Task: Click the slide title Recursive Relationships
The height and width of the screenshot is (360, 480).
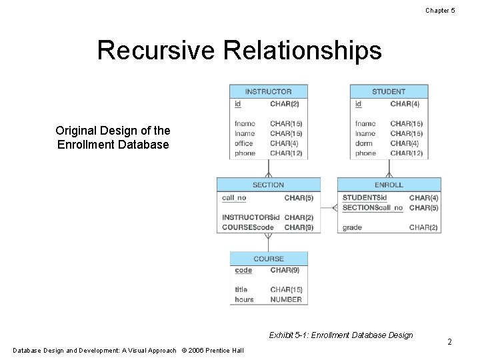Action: (x=239, y=51)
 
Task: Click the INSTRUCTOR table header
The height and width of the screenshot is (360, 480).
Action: (x=268, y=92)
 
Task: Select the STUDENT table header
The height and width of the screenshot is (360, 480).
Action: (x=389, y=92)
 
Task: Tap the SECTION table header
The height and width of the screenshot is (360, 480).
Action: (x=268, y=185)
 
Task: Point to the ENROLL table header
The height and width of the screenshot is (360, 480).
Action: (x=389, y=185)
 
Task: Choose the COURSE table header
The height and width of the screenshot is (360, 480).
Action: (x=268, y=259)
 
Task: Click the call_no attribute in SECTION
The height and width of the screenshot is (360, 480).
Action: (x=234, y=198)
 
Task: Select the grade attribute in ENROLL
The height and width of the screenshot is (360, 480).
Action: (x=352, y=227)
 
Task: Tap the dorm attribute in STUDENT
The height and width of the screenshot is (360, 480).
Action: (x=363, y=143)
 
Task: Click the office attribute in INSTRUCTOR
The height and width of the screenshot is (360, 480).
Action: (x=244, y=143)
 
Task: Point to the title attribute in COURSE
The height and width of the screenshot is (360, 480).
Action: (x=241, y=289)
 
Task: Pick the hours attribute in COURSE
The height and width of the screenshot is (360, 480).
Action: (x=244, y=299)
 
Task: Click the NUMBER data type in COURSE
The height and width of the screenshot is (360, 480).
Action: (x=286, y=299)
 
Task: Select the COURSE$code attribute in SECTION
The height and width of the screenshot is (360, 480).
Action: (x=248, y=227)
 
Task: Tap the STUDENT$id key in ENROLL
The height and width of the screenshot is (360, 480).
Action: (x=365, y=198)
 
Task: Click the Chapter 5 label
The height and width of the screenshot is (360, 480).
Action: (x=440, y=10)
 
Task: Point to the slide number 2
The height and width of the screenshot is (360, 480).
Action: (x=449, y=342)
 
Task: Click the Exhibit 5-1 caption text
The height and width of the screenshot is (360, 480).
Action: (x=341, y=335)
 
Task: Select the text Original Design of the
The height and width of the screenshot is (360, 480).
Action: (x=113, y=131)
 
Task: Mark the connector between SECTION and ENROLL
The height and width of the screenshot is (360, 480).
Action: (x=329, y=207)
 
